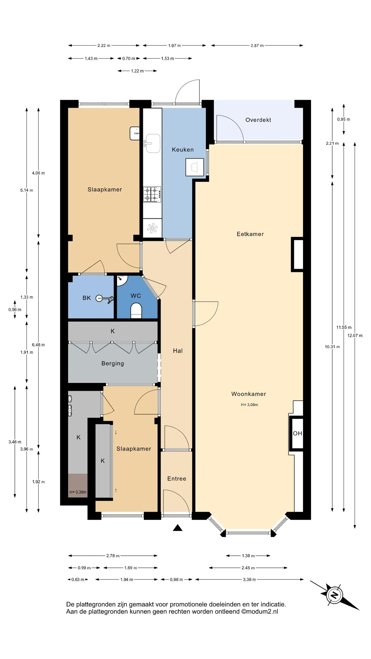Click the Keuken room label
(x=183, y=150)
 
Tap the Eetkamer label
(x=250, y=234)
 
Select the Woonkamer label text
(x=249, y=394)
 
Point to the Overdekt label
(x=258, y=120)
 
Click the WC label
(x=136, y=296)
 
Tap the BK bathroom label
(x=87, y=298)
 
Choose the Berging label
(x=113, y=364)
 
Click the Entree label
(x=177, y=479)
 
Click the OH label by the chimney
(x=298, y=433)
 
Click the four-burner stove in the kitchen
(x=152, y=194)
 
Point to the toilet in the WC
(x=136, y=311)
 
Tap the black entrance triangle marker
(x=177, y=528)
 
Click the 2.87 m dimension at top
(x=257, y=45)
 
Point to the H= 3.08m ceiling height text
(x=249, y=405)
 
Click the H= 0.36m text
(x=78, y=492)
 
